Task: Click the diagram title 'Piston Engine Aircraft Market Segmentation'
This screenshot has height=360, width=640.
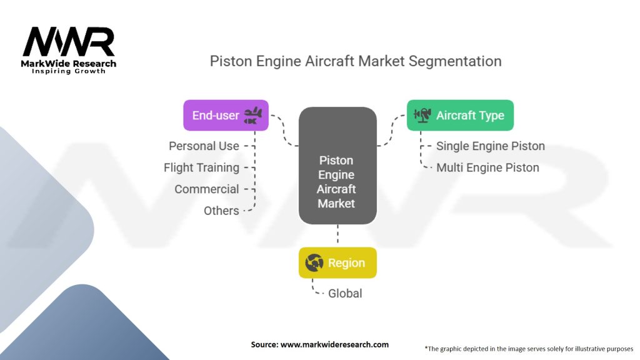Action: click(355, 61)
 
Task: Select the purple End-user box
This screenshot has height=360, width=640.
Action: click(226, 116)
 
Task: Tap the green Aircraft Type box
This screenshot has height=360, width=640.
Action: click(460, 116)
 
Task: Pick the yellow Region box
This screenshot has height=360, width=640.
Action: click(337, 263)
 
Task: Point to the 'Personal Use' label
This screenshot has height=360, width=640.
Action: click(204, 146)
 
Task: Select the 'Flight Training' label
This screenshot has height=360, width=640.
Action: click(201, 167)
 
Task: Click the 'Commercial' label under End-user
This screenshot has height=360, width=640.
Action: click(206, 189)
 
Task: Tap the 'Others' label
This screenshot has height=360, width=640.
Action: click(221, 211)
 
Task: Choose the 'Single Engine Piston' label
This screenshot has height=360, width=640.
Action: click(490, 146)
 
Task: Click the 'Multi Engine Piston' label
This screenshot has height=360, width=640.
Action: click(487, 167)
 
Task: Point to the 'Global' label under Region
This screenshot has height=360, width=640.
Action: click(345, 293)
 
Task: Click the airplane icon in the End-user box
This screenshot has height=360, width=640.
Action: click(253, 115)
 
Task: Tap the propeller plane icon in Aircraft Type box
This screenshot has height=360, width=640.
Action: click(422, 115)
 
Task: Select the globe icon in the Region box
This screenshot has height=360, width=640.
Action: click(314, 263)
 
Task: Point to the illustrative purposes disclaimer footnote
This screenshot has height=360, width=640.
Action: click(529, 348)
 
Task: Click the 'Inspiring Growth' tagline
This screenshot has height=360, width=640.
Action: click(69, 71)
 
